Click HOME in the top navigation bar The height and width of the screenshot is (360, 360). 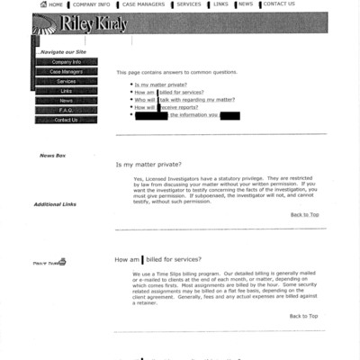click(x=55, y=4)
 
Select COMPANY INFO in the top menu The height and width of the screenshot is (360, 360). click(x=91, y=4)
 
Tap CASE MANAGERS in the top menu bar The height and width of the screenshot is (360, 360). click(x=144, y=4)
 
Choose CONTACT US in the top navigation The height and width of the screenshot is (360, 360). click(x=278, y=4)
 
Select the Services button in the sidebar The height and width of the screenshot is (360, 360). click(x=66, y=81)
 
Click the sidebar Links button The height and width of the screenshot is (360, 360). click(x=66, y=91)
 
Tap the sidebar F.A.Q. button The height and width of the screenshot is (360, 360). click(x=66, y=110)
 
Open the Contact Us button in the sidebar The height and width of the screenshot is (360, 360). click(x=66, y=120)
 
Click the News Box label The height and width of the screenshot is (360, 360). click(x=52, y=156)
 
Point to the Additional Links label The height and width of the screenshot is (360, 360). click(x=55, y=204)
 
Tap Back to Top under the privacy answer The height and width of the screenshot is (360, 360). click(x=303, y=214)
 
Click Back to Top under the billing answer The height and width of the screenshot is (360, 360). click(x=303, y=316)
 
